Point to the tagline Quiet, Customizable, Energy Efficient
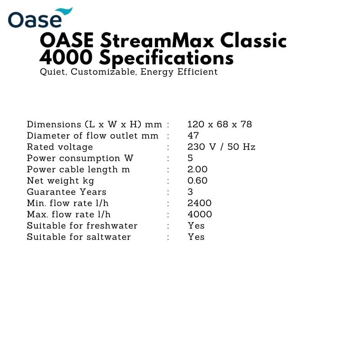[x=129, y=72]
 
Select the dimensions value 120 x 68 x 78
[x=220, y=124]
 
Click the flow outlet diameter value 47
[x=193, y=135]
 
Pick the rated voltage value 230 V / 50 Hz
[x=221, y=147]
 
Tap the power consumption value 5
[x=190, y=158]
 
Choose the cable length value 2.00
[x=198, y=169]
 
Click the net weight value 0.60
[x=198, y=180]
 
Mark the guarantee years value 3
[x=190, y=192]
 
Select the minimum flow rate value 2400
[x=199, y=203]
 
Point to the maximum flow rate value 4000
[x=200, y=214]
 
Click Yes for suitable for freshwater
[x=196, y=225]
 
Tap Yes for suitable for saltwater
[x=196, y=237]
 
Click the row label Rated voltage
[x=60, y=147]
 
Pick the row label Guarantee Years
[x=67, y=192]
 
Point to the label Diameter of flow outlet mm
[x=93, y=135]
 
